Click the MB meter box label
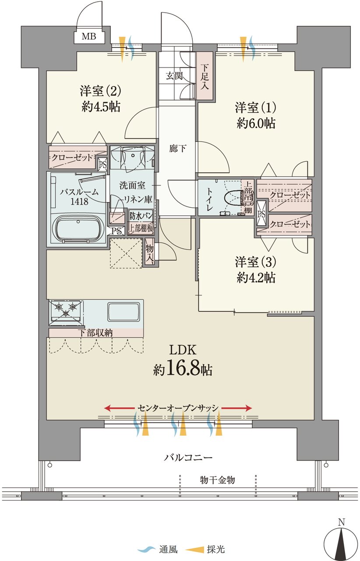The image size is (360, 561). [x=89, y=36]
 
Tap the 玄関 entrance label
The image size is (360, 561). [x=174, y=76]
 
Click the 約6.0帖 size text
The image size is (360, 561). [x=256, y=123]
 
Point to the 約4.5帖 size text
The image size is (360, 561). [x=101, y=107]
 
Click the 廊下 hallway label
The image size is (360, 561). [x=177, y=149]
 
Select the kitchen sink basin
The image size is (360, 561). [x=124, y=312]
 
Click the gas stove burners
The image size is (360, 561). [x=66, y=309]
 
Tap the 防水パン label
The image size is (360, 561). [x=141, y=216]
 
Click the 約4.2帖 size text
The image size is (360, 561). [x=256, y=277]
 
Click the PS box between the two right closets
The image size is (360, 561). [x=262, y=214]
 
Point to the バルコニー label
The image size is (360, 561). [x=188, y=458]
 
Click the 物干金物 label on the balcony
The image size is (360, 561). [x=217, y=480]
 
